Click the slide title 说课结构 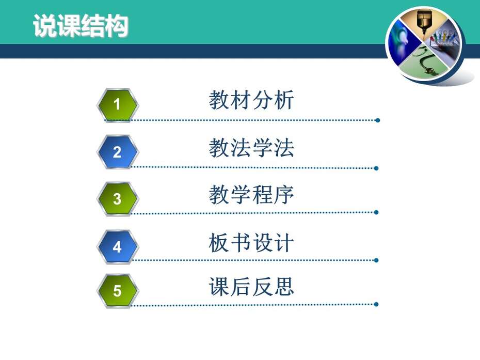(81, 26)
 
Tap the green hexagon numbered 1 (118, 104)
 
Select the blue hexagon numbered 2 (118, 152)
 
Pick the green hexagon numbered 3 (118, 199)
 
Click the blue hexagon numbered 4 (118, 247)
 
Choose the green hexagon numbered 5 (118, 291)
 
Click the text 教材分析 (251, 100)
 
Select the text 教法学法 (251, 148)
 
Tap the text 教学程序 (251, 195)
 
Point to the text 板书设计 (251, 242)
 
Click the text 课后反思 (251, 287)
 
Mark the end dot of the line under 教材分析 (377, 120)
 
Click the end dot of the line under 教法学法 (376, 168)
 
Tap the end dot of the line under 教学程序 (376, 212)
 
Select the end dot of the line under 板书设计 (376, 260)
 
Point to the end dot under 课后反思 (376, 304)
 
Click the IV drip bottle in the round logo (424, 22)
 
